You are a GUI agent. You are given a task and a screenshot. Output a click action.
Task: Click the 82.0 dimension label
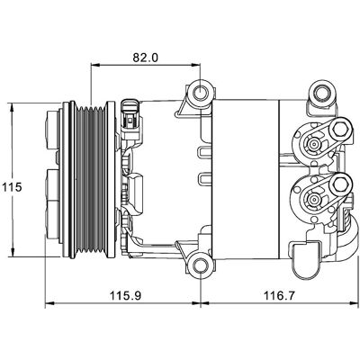coord(145,57)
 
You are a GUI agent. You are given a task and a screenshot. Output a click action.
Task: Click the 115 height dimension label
coord(13,187)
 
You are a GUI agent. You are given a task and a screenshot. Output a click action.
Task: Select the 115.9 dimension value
coord(125,296)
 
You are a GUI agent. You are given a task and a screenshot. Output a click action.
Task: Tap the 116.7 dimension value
coord(279,296)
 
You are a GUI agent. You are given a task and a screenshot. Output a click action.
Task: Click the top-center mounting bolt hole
coord(200,93)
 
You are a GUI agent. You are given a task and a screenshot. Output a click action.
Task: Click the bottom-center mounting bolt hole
coord(200,266)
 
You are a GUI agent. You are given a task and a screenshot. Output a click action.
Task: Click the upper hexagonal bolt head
coord(340,130)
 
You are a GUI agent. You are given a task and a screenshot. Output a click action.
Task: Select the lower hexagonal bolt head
coord(340,184)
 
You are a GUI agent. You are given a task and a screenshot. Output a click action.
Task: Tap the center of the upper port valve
coord(314,144)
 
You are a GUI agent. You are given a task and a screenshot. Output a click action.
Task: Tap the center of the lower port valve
coord(314,199)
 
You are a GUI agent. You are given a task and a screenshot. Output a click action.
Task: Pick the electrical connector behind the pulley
coord(130,120)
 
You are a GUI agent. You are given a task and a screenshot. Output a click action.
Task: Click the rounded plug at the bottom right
coord(305,259)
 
